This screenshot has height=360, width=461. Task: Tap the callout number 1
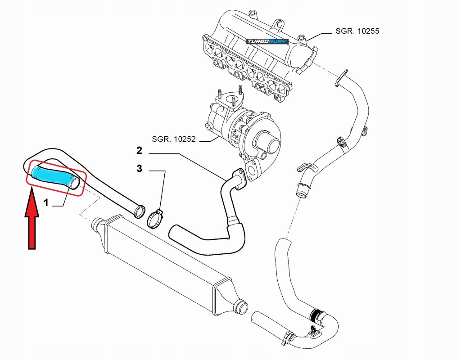(x=46, y=203)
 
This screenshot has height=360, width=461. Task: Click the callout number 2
(x=140, y=150)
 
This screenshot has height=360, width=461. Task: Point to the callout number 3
(x=140, y=169)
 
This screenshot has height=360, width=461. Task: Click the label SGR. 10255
(x=357, y=31)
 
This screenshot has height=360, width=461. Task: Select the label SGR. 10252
(x=173, y=139)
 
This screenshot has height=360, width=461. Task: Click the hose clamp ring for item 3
(x=154, y=220)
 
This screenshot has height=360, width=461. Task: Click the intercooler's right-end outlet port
(x=242, y=308)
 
